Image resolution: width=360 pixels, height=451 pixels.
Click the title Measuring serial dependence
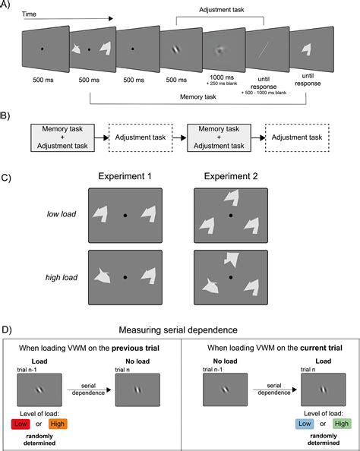click(180, 330)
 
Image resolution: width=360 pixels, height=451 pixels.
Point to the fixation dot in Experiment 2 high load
click(230, 277)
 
